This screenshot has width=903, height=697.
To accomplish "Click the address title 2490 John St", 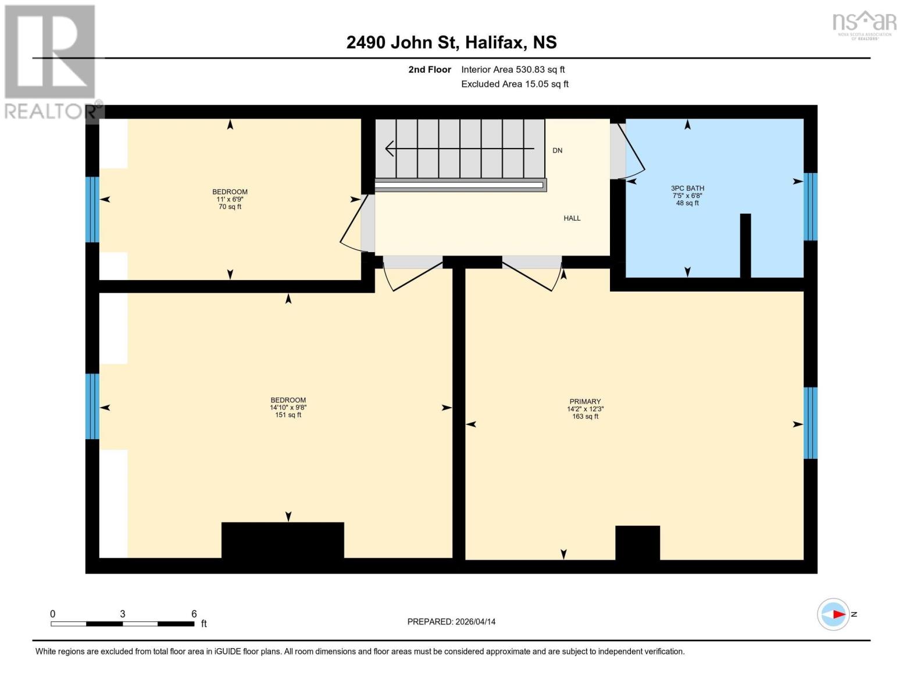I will point(451,42).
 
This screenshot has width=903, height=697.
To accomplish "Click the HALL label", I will point(572,218).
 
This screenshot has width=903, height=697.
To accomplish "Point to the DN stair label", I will point(557,150).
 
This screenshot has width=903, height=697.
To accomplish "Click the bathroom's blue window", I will point(811,207).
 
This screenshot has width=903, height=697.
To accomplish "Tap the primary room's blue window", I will point(811,423).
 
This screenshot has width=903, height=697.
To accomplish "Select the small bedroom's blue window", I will point(92,210).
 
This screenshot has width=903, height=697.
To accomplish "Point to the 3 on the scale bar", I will point(123,614).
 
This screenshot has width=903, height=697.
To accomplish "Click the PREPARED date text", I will point(451,621).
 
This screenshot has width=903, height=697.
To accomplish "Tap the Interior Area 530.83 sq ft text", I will point(513,70).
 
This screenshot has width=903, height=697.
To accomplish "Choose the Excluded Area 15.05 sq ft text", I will point(515,84).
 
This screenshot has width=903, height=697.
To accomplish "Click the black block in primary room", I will point(637,542).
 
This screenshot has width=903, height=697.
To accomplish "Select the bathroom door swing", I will point(630,150).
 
